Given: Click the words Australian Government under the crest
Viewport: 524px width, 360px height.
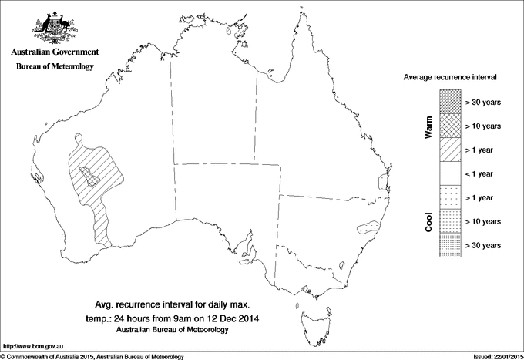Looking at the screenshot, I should (x=54, y=52).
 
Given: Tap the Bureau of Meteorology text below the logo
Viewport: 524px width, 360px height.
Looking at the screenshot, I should (x=54, y=67).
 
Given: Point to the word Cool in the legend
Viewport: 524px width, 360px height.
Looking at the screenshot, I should (x=428, y=221).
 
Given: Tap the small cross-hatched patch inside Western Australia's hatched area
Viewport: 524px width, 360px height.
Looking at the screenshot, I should (x=91, y=180).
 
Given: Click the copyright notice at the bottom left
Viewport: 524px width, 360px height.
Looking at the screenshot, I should (x=92, y=355).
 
